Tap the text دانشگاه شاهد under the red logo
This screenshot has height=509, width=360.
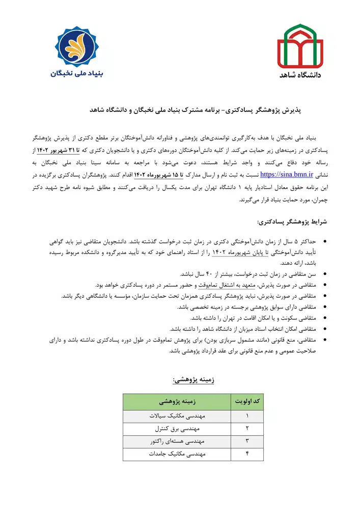pos(300,75)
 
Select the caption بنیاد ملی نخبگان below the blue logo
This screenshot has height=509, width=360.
pos(77,73)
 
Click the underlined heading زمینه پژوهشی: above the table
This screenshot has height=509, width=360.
pos(192,379)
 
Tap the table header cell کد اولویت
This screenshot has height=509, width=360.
pos(247,402)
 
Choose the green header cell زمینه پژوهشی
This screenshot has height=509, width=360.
pos(177,402)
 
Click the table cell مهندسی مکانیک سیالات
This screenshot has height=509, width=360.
pos(177,416)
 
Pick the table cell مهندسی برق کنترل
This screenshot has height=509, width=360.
pos(177,429)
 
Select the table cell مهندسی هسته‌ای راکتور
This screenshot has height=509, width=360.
pos(177,441)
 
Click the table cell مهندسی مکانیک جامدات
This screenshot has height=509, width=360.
pos(177,454)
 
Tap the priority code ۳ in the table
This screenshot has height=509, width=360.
pos(247,441)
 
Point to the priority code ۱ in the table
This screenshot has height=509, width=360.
pos(247,416)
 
